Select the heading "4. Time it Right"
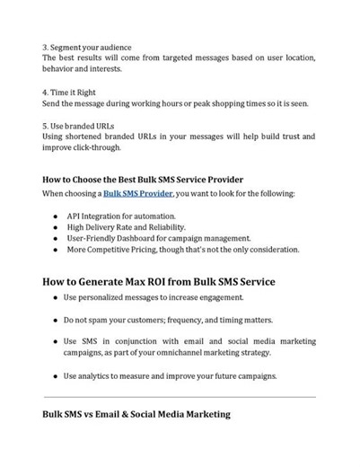(x=74, y=92)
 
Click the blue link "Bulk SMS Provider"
(x=137, y=194)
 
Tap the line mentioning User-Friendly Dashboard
(x=158, y=238)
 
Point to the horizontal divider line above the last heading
(x=180, y=396)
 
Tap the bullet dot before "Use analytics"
(x=55, y=374)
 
